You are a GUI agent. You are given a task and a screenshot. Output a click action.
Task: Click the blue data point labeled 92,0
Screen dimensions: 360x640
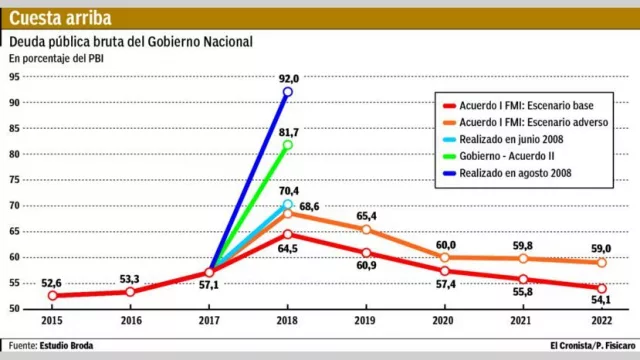pos(288,92)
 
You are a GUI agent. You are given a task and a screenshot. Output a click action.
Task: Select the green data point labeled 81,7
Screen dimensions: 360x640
pos(288,145)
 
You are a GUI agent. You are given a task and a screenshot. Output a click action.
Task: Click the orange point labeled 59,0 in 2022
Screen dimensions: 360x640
pos(599,262)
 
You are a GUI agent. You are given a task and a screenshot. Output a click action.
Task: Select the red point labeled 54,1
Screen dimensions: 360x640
pos(599,288)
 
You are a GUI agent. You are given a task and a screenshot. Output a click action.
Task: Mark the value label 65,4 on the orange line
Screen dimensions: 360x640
pos(367,216)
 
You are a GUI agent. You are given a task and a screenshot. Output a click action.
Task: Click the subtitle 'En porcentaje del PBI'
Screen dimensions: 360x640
pos(57,59)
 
